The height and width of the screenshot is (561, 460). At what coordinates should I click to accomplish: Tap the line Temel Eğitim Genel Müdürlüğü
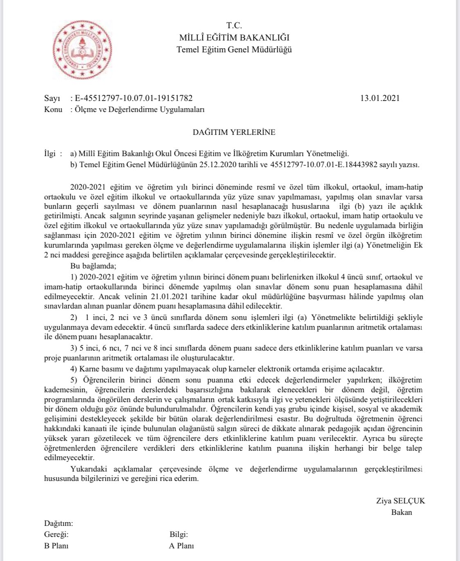click(x=234, y=50)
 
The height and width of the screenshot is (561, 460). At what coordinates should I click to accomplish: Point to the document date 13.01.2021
click(x=380, y=98)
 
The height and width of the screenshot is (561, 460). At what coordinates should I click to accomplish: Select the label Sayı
click(x=52, y=98)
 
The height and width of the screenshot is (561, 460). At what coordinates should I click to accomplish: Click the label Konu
click(x=53, y=110)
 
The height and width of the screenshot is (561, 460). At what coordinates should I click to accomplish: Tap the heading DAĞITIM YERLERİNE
click(x=234, y=132)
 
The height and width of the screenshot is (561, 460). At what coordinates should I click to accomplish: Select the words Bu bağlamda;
click(x=93, y=266)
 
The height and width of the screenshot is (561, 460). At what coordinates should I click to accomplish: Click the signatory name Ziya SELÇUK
click(x=400, y=501)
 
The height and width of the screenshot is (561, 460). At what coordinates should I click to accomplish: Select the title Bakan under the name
click(x=402, y=512)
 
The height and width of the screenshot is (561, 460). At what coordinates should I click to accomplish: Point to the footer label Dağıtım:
click(x=58, y=523)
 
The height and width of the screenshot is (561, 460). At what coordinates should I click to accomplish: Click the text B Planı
click(x=56, y=546)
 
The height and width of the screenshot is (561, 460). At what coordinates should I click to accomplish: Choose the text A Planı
click(x=181, y=546)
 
